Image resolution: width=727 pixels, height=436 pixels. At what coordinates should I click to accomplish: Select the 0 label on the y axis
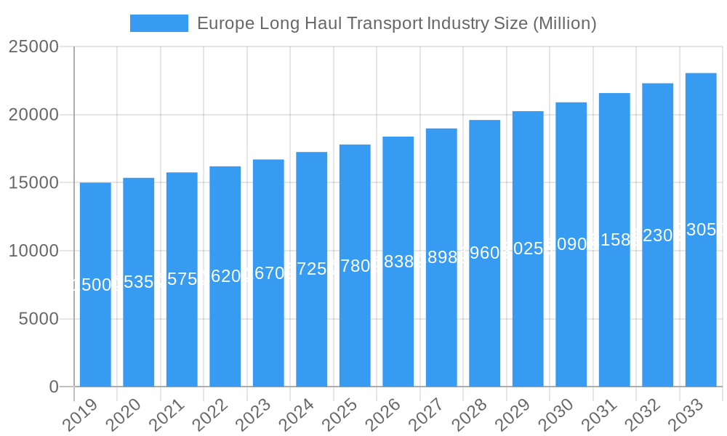point(54,387)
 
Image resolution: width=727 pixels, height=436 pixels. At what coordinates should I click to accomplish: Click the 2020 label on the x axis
point(121,416)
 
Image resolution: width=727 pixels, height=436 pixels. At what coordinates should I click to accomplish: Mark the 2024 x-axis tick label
point(294,416)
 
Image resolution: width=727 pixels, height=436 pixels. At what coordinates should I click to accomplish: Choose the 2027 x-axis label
point(424,416)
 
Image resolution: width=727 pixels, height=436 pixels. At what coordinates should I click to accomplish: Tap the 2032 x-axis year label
point(640,416)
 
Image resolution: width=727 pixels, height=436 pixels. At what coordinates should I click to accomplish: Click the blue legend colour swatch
point(158,23)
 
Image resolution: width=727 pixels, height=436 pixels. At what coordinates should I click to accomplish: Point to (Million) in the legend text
point(564,23)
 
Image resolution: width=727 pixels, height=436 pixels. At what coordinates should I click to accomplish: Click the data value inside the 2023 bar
point(268,273)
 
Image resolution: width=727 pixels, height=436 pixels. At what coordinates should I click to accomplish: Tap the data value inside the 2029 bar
point(528,249)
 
